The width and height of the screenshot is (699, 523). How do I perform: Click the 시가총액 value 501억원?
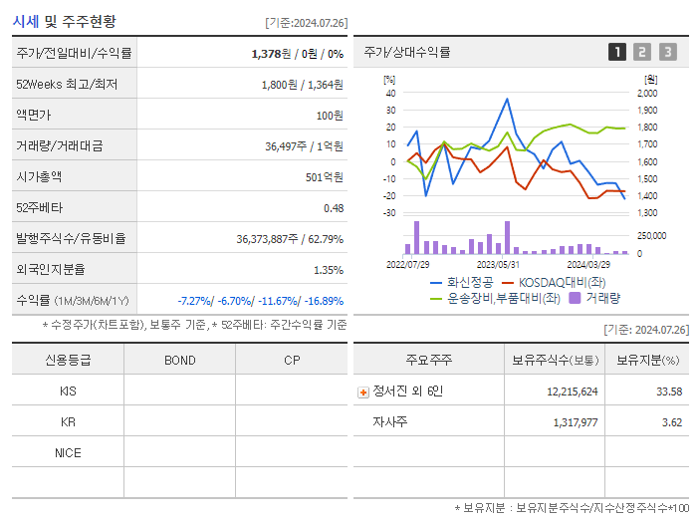pyautogui.click(x=325, y=176)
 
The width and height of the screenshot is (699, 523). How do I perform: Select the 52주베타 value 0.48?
pyautogui.click(x=334, y=207)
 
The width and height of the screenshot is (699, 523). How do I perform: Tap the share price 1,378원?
pyautogui.click(x=273, y=53)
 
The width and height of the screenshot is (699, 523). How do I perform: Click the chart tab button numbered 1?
pyautogui.click(x=617, y=52)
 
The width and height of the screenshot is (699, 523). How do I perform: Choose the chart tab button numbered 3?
pyautogui.click(x=667, y=52)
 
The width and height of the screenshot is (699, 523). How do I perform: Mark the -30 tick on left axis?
pyautogui.click(x=389, y=212)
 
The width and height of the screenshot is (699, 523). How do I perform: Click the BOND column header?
pyautogui.click(x=179, y=361)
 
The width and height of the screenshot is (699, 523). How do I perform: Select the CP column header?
pyautogui.click(x=292, y=361)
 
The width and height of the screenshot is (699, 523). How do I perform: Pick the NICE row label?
pyautogui.click(x=68, y=452)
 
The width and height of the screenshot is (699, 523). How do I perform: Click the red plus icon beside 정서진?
pyautogui.click(x=363, y=392)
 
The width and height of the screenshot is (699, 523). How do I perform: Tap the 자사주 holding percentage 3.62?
pyautogui.click(x=669, y=422)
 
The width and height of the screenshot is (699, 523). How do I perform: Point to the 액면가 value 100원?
pyautogui.click(x=330, y=116)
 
